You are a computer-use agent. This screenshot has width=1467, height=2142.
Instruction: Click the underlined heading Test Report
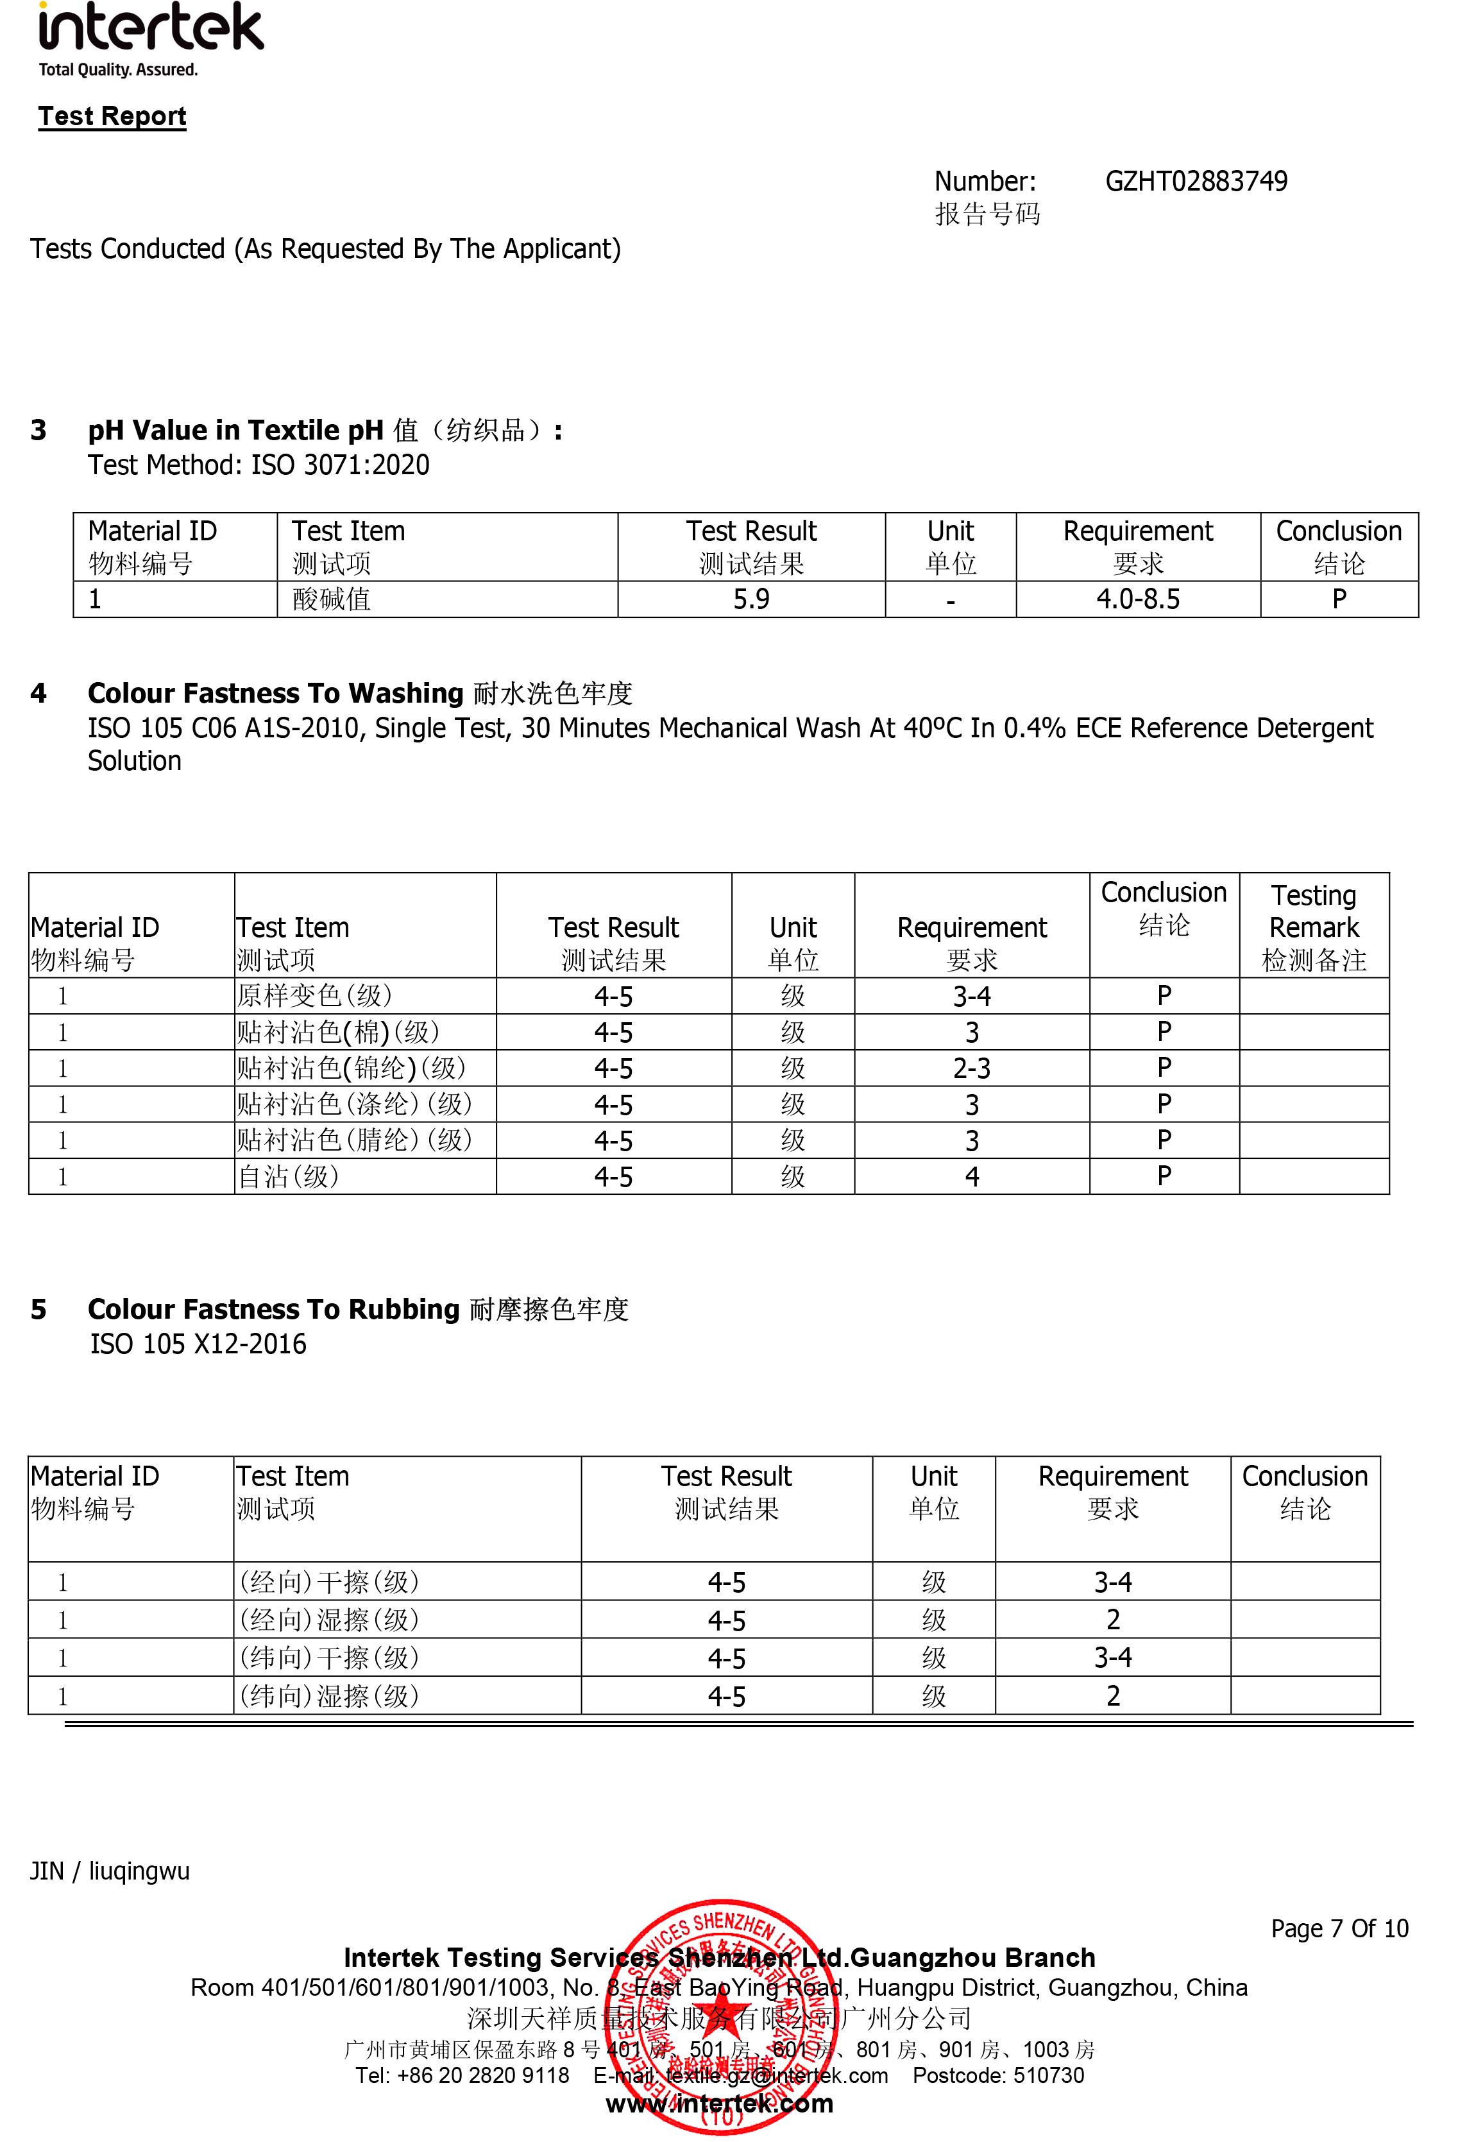112,116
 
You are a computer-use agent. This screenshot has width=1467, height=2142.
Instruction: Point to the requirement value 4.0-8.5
1137,599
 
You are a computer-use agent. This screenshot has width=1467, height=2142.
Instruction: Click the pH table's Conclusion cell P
1338,599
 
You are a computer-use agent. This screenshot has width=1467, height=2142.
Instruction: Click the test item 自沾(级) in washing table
289,1176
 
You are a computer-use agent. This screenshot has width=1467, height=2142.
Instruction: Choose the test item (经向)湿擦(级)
329,1620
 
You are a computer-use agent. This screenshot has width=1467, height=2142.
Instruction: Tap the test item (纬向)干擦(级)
329,1657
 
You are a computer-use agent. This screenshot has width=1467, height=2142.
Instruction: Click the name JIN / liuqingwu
110,1871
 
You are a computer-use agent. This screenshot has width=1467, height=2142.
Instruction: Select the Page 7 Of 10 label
1339,1928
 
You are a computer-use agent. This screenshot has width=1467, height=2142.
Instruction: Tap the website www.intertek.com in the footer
719,2103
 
